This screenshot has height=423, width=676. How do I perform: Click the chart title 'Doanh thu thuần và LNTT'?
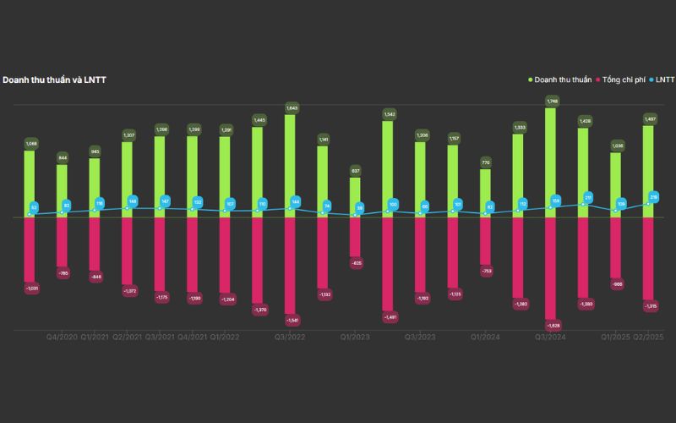54,80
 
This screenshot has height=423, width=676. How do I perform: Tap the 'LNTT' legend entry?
664,80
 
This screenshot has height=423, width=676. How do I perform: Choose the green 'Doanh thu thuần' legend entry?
561,80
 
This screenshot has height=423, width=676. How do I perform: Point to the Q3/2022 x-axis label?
290,337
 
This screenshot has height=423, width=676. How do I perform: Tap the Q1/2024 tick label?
485,337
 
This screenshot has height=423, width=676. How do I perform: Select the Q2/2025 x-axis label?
649,337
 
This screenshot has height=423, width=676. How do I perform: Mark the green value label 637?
356,170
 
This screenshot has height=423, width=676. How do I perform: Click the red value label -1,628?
552,325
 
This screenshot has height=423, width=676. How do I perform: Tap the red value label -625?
356,263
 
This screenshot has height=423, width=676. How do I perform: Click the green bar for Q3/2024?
550,161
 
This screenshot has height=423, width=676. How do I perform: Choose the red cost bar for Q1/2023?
355,237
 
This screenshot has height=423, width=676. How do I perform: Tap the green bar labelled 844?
62,190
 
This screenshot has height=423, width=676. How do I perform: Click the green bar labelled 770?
485,193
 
